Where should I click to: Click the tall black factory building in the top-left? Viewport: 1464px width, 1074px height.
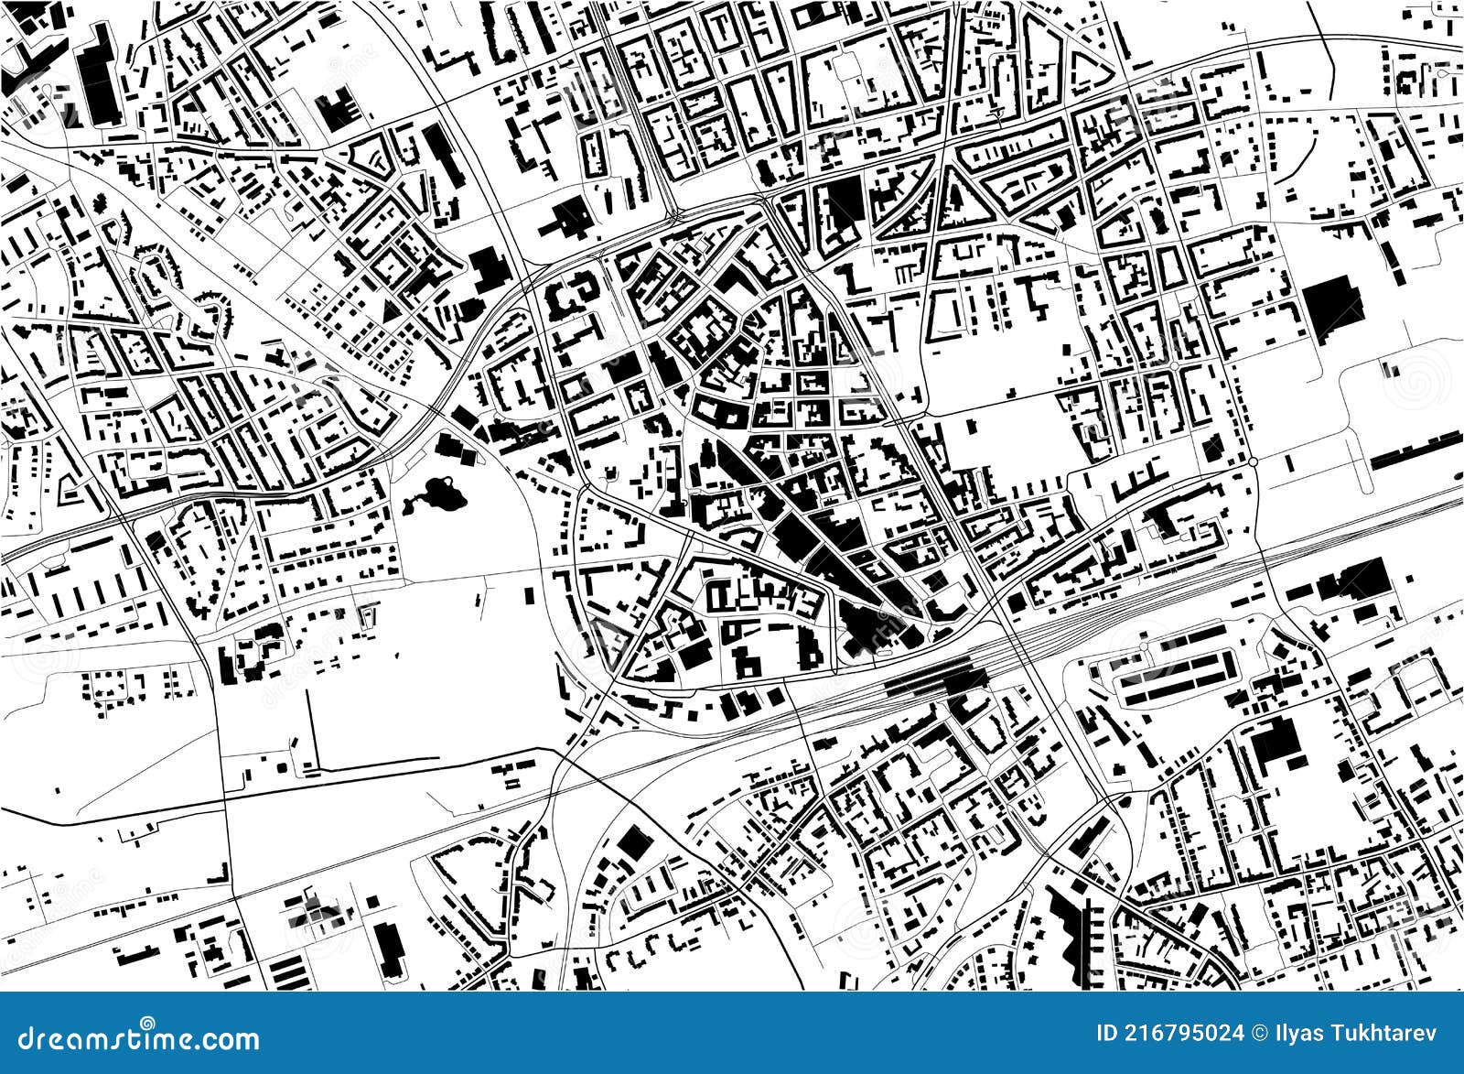coord(99,78)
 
